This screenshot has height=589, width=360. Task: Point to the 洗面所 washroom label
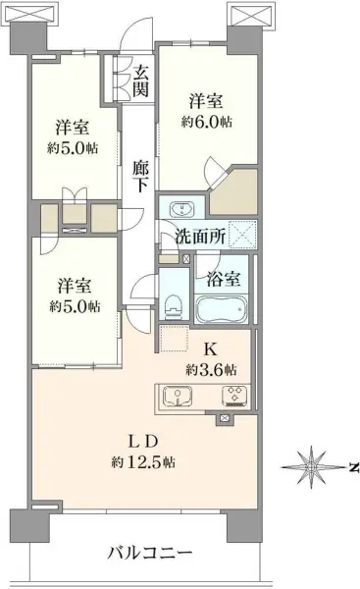(200, 236)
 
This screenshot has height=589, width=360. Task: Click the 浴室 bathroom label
(219, 277)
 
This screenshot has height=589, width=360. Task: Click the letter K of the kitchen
(208, 349)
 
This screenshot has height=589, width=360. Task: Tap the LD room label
(137, 439)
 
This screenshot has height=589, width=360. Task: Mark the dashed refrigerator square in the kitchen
(173, 339)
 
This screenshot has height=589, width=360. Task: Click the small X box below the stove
(226, 419)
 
